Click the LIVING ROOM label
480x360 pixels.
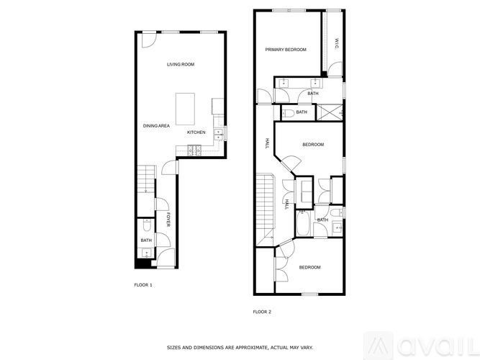(181, 65)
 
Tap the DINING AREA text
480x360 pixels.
(156, 126)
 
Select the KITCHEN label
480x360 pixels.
(196, 132)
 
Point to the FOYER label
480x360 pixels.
(168, 220)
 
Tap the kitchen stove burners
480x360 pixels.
(193, 150)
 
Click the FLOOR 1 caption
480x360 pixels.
(143, 285)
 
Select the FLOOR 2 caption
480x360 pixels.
(262, 312)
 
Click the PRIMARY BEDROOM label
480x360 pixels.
(286, 50)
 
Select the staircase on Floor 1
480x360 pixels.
(147, 179)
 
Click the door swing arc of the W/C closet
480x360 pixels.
(335, 70)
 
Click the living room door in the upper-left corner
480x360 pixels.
(147, 40)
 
